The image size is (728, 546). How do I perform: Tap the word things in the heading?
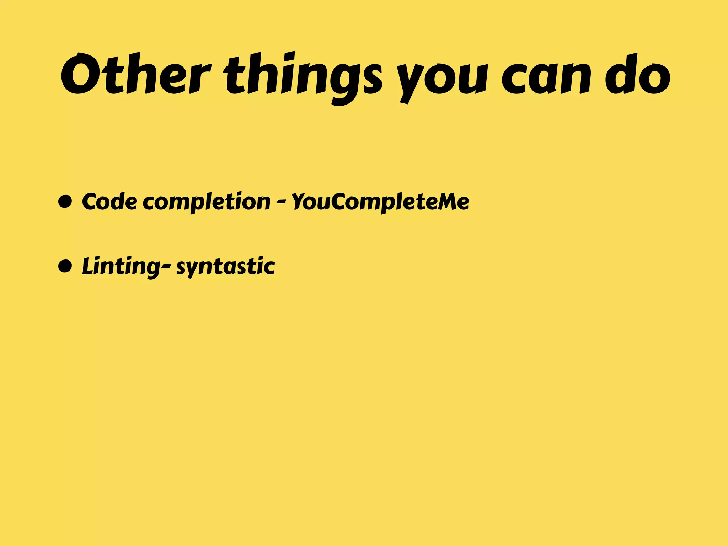(303, 76)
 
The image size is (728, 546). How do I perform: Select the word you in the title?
(441, 80)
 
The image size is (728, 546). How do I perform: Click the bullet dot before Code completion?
(65, 202)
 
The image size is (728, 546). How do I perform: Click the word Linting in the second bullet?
(121, 267)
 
